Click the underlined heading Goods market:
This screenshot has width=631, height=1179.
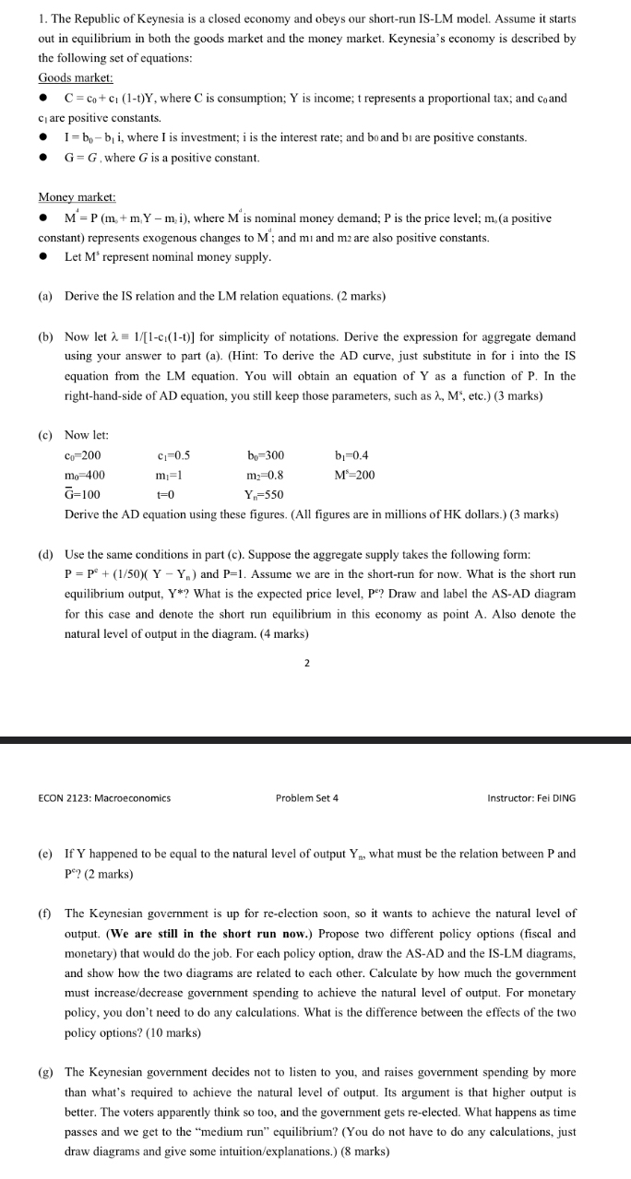click(75, 78)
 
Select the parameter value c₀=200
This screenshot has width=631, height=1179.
click(83, 455)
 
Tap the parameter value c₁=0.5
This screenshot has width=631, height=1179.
click(174, 455)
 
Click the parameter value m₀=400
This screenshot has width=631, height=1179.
click(85, 476)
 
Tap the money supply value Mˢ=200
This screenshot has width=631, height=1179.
click(355, 476)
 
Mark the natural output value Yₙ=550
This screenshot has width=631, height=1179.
click(267, 495)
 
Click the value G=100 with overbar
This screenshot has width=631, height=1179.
click(83, 495)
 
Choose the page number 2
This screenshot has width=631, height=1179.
click(305, 661)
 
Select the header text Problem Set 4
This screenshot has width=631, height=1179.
click(306, 797)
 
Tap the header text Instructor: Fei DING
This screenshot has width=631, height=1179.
click(530, 797)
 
